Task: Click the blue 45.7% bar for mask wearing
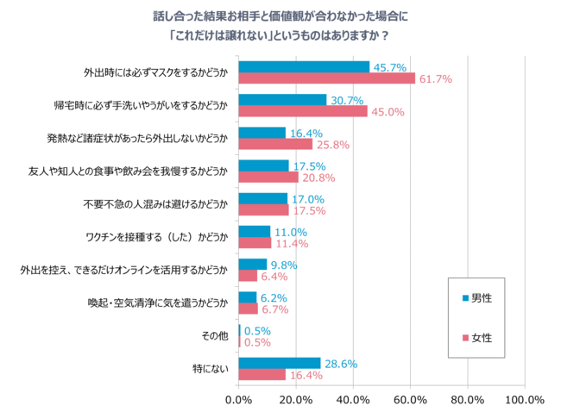(x=303, y=67)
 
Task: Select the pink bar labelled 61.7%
(x=326, y=78)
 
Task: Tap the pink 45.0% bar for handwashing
(x=302, y=111)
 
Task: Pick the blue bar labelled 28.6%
(x=279, y=364)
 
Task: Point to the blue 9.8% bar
(x=252, y=265)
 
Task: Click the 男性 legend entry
(x=477, y=298)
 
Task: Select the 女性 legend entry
(x=477, y=335)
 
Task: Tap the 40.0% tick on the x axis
(x=353, y=400)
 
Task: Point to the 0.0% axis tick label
(x=238, y=400)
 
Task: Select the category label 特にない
(x=211, y=369)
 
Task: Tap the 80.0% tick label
(x=468, y=400)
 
